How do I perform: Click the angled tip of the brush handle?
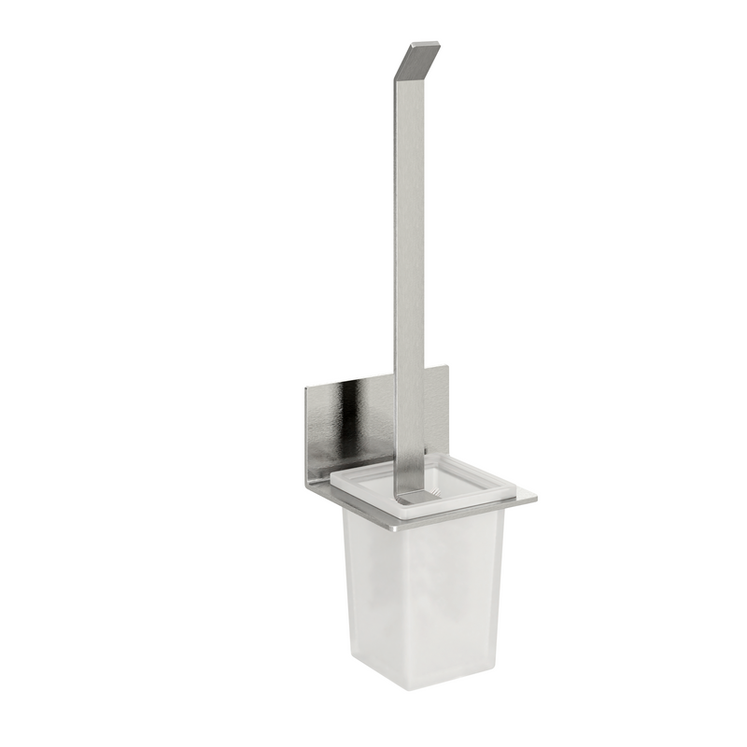[x=417, y=62]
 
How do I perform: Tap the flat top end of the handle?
[x=425, y=44]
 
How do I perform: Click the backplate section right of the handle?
[x=435, y=411]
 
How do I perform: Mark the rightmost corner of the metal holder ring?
[x=536, y=500]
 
